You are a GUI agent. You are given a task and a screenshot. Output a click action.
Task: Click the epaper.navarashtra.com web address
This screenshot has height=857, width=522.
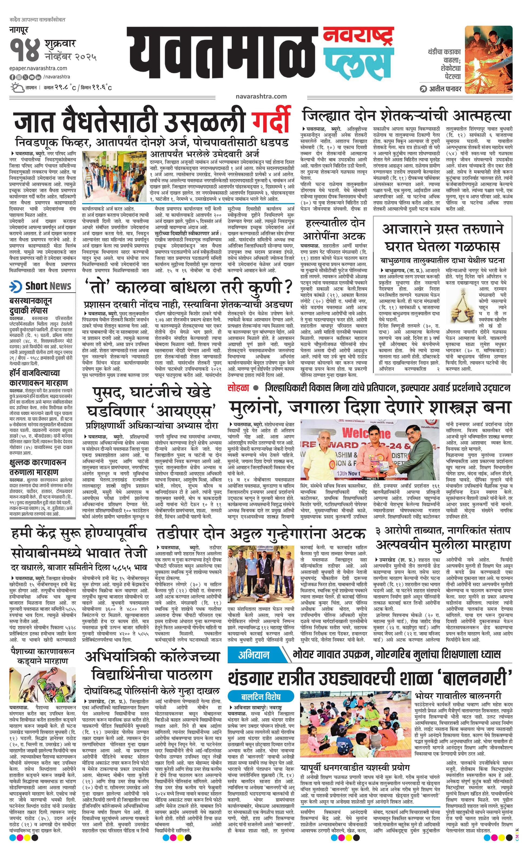click(x=38, y=68)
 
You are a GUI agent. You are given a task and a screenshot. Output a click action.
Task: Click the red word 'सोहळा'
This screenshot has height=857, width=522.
click(x=239, y=387)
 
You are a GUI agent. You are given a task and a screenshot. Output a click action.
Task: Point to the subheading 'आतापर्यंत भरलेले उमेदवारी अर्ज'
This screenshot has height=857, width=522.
click(x=205, y=153)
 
